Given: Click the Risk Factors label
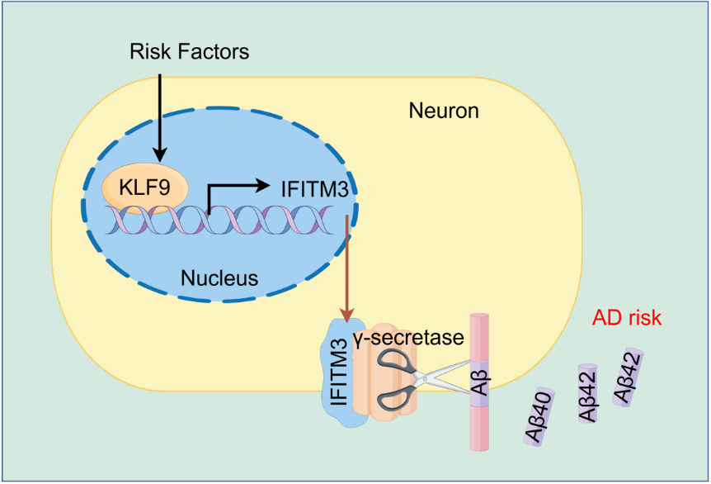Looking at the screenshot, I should pyautogui.click(x=189, y=52).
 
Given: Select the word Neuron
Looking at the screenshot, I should pyautogui.click(x=444, y=110).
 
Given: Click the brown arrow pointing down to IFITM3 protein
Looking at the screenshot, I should pyautogui.click(x=347, y=264).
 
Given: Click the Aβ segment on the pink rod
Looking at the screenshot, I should pyautogui.click(x=480, y=382).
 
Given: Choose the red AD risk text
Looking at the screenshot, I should pyautogui.click(x=628, y=317).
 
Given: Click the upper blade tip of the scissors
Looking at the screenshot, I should pyautogui.click(x=471, y=363).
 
